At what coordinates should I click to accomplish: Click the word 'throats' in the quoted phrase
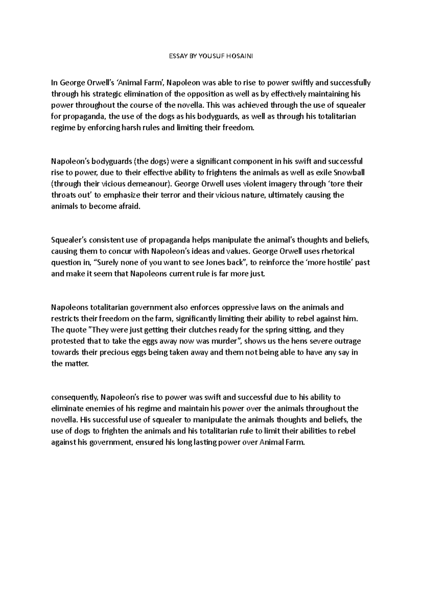click(x=62, y=195)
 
